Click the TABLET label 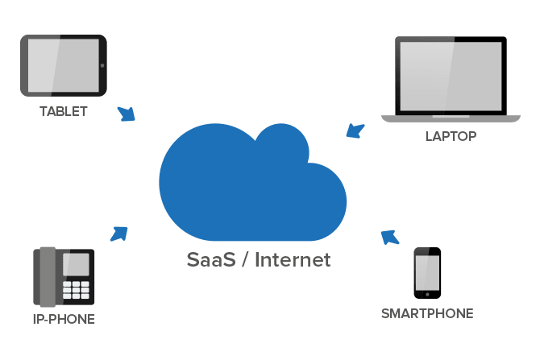pyautogui.click(x=63, y=111)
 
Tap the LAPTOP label pyautogui.click(x=451, y=136)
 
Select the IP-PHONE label pyautogui.click(x=64, y=319)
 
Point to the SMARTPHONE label pyautogui.click(x=426, y=313)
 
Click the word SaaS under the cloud pyautogui.click(x=207, y=261)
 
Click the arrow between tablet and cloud pyautogui.click(x=126, y=114)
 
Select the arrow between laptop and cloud pyautogui.click(x=355, y=130)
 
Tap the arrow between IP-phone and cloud pyautogui.click(x=119, y=234)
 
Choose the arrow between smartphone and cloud pyautogui.click(x=389, y=236)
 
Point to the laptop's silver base pyautogui.click(x=450, y=119)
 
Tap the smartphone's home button pyautogui.click(x=427, y=294)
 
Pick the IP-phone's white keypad pyautogui.click(x=77, y=289)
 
